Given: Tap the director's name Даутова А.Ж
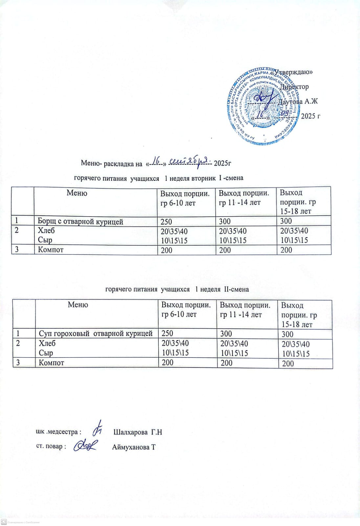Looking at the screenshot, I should click(x=298, y=102).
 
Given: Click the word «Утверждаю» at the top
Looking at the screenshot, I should click(x=293, y=72).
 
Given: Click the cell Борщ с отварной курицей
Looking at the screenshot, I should click(x=80, y=222).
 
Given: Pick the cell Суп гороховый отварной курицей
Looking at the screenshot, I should click(x=96, y=334).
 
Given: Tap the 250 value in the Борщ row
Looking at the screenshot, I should click(x=166, y=222).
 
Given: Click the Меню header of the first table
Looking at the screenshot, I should click(x=77, y=193).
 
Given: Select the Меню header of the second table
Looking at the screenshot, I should click(x=78, y=305).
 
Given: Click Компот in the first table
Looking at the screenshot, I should click(x=51, y=250).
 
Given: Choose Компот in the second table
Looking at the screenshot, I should click(x=51, y=363).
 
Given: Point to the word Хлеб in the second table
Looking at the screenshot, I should click(x=47, y=344).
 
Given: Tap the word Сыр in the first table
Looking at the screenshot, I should click(x=45, y=240).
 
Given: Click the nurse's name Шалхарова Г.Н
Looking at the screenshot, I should click(x=138, y=432).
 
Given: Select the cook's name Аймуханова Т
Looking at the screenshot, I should click(x=134, y=447).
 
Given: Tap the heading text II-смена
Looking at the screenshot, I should click(x=236, y=289).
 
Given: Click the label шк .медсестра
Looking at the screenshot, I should click(x=58, y=432).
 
